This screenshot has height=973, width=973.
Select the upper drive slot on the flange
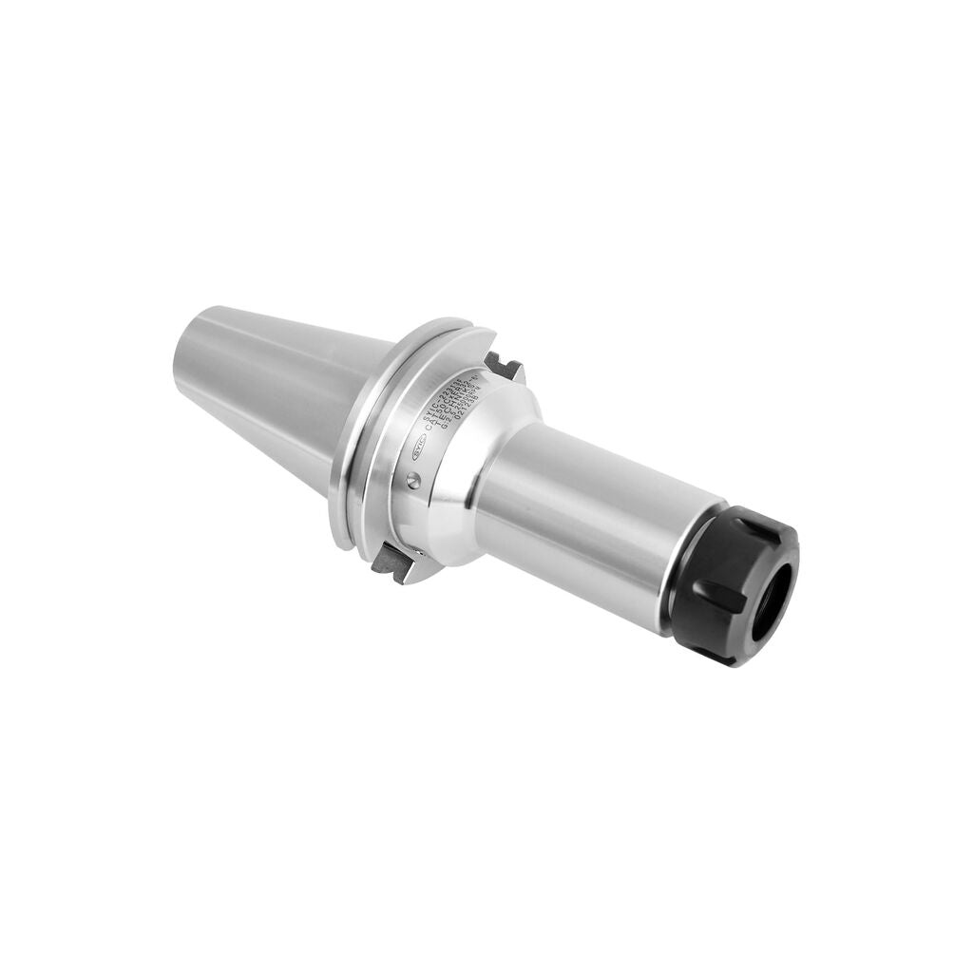pyautogui.click(x=503, y=366)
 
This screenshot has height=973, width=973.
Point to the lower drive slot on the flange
pyautogui.click(x=391, y=563)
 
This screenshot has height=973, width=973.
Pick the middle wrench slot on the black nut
pyautogui.click(x=708, y=598)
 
